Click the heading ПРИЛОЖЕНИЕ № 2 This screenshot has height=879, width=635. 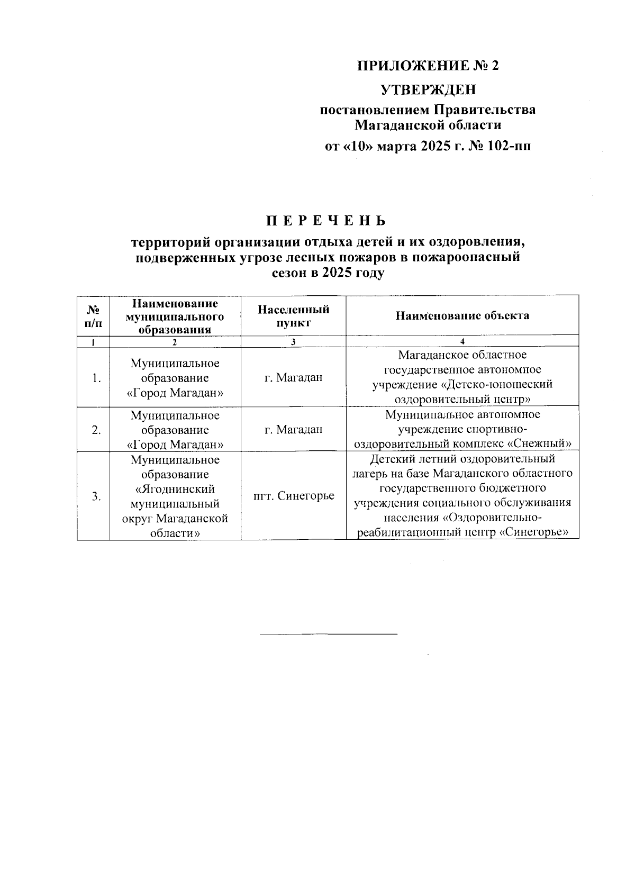tap(428, 66)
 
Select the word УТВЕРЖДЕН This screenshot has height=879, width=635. tap(429, 89)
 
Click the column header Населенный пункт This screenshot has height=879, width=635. tap(293, 315)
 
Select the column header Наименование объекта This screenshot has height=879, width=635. tap(462, 315)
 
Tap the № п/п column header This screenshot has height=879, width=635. tap(93, 315)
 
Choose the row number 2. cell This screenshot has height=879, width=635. tap(96, 430)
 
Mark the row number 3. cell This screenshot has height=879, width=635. tap(96, 496)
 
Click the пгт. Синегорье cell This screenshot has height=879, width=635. tap(294, 496)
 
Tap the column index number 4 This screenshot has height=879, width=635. tap(462, 341)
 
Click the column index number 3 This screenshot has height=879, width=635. tap(293, 341)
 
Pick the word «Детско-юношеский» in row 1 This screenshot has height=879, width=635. tap(497, 384)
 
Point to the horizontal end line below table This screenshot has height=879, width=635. tap(328, 633)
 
